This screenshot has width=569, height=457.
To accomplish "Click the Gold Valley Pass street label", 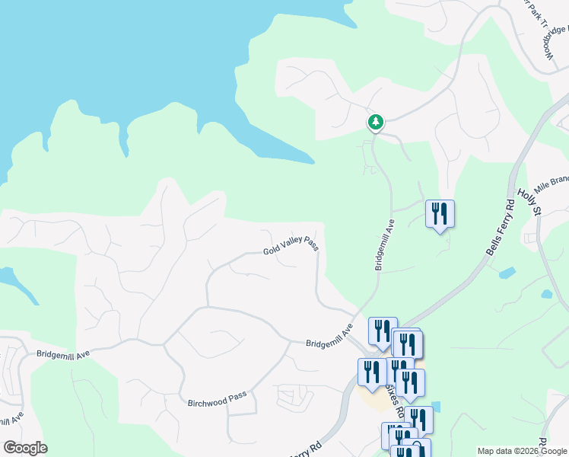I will point(290,246).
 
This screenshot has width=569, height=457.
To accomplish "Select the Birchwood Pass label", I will point(217,398).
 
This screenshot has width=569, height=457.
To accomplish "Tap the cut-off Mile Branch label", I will point(552,184).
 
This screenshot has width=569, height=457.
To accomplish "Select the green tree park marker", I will point(375,122).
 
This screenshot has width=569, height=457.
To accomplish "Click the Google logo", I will point(25,448).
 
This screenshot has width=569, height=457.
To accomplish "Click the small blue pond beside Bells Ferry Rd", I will point(507,272).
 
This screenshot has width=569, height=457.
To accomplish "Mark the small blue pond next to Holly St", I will point(546,293).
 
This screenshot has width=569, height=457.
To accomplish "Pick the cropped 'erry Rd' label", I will point(305,446).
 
